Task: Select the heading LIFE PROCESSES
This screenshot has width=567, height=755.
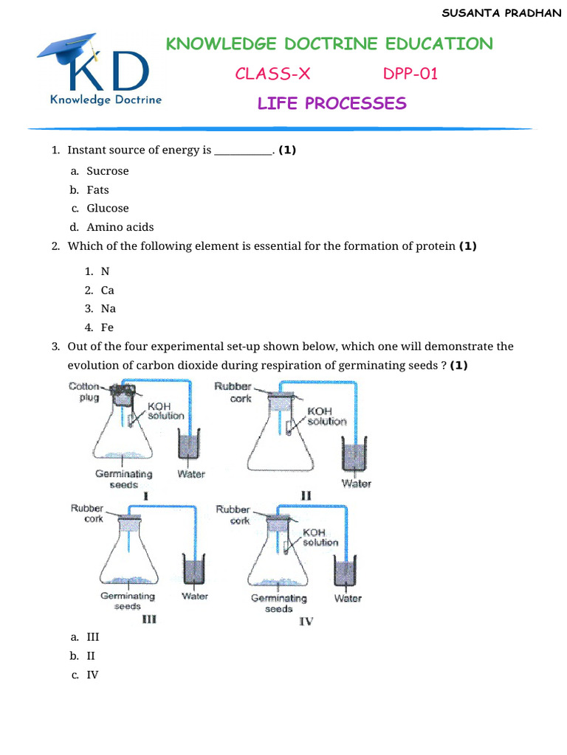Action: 331,103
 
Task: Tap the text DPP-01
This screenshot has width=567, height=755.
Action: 410,74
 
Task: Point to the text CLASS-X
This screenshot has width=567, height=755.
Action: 267,74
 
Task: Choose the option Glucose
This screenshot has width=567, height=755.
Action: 107,209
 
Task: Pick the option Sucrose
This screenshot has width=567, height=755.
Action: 107,171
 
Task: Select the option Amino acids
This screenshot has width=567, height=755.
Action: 120,227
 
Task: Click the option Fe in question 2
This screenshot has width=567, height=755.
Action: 107,327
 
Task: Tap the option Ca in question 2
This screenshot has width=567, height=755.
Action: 107,290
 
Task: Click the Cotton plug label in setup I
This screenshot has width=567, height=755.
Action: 84,392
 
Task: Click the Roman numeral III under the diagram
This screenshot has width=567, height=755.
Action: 148,620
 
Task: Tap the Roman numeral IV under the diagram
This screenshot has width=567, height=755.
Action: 306,622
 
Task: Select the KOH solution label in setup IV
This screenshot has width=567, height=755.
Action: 320,537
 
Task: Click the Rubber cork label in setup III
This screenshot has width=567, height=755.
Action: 87,513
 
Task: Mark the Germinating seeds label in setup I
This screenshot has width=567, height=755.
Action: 123,479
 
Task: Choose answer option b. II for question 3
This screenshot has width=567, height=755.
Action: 91,655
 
